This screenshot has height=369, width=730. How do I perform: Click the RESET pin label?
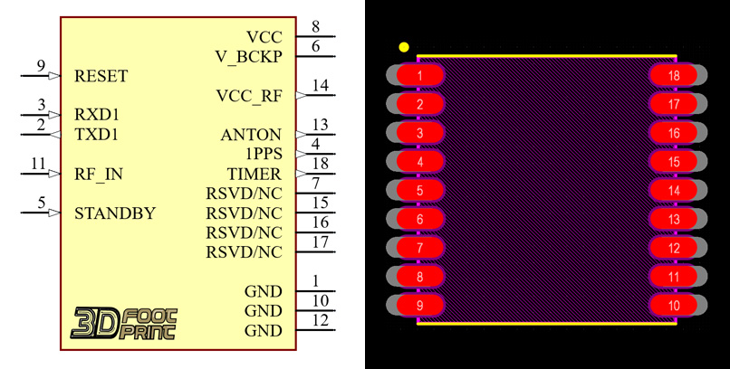coord(101,76)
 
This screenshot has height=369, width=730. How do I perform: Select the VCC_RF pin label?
coord(249,95)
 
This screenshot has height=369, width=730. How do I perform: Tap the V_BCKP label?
coord(248,56)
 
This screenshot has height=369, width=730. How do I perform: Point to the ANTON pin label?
coord(251,135)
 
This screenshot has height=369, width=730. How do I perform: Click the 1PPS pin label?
coord(264,154)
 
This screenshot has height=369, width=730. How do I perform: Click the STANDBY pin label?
coord(114,213)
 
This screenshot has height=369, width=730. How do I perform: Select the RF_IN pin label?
coord(99,174)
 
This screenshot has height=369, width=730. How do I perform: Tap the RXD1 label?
coord(97,115)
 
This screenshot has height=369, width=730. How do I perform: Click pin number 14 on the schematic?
coord(320,85)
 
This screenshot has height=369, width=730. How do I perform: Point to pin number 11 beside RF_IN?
coord(37,164)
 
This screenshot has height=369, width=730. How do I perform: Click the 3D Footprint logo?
coord(124,323)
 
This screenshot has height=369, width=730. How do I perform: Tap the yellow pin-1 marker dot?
coord(404,47)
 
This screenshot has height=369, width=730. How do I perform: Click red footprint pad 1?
coord(419,76)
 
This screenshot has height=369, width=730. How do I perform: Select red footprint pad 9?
coord(419,306)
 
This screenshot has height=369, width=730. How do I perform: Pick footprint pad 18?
coord(674,76)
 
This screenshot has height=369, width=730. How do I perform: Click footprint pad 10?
coord(674,306)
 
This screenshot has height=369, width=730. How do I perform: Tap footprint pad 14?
coord(674,191)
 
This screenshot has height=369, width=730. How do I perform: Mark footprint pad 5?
coord(419,191)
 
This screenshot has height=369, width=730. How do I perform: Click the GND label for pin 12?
coord(263,331)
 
